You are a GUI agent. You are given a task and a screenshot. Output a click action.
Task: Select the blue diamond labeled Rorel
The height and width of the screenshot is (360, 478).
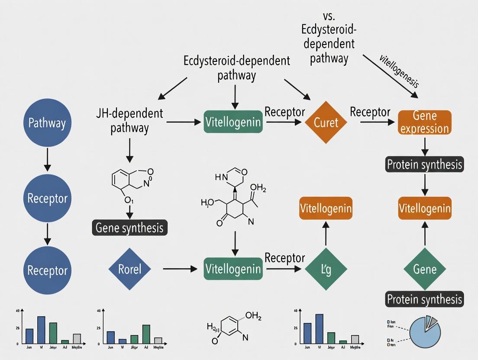[x=129, y=269]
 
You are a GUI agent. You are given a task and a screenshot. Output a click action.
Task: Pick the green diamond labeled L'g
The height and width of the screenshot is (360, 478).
[x=326, y=269]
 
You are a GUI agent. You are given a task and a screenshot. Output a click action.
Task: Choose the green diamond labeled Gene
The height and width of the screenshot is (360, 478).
[x=424, y=269]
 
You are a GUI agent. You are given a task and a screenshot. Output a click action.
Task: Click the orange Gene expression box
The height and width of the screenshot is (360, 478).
[x=424, y=122]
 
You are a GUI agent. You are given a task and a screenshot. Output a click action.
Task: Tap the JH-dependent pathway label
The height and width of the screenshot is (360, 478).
[x=130, y=121]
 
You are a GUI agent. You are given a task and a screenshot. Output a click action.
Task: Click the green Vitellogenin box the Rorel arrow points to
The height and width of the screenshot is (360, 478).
[x=233, y=269]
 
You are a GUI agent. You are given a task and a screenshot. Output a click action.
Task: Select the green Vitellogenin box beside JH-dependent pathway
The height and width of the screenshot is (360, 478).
[x=233, y=122]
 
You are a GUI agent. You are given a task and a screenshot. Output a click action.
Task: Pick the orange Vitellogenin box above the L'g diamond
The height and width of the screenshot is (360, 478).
[x=326, y=209]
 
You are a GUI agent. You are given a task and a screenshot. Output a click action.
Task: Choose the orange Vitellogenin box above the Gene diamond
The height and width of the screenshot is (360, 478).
[x=424, y=209]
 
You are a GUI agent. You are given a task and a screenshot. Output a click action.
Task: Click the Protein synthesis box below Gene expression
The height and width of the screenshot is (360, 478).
[x=424, y=164]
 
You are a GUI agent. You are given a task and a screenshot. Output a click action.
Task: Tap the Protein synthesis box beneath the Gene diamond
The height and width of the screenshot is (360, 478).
[x=424, y=299]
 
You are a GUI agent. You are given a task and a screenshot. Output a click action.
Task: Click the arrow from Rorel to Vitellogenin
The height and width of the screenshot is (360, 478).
[x=180, y=269]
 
